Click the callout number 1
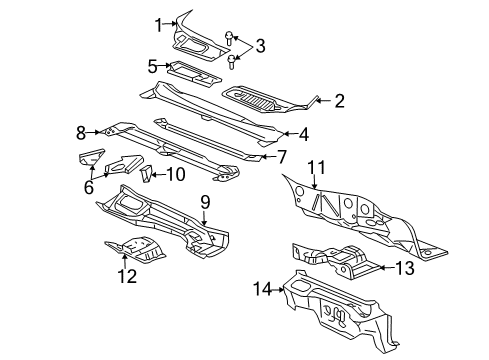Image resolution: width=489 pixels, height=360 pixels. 158,24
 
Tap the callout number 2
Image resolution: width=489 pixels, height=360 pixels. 339,100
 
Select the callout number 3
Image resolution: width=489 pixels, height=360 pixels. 260,44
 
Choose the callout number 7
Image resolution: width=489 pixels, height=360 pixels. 282,156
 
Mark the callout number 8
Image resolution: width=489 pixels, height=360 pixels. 80,130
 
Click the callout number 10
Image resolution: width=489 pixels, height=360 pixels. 176,173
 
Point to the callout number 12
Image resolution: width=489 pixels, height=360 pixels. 125,277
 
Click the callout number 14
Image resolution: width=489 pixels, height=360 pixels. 262,289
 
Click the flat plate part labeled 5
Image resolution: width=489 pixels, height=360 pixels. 195,71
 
